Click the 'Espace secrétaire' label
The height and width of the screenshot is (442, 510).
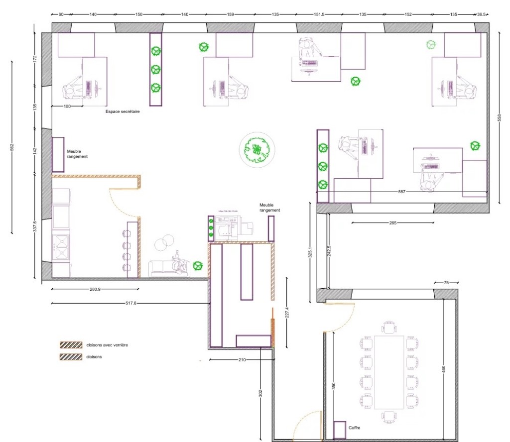pos(123,111)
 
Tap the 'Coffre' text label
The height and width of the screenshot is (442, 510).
pos(354,428)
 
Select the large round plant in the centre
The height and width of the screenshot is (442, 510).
pos(257,150)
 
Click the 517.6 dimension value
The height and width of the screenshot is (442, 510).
pos(131,303)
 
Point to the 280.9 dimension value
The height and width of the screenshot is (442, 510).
pos(95,289)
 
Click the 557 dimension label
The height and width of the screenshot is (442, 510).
pos(402,192)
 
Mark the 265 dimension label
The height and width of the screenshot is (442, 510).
pos(392,223)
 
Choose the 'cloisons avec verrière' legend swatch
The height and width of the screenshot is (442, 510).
pos(71,345)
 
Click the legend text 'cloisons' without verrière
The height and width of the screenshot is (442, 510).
pos(94,357)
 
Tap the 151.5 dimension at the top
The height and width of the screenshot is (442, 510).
pos(319,14)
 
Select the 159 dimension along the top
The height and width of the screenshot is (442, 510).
pos(230,14)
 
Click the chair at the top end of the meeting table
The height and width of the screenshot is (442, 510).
pos(389,327)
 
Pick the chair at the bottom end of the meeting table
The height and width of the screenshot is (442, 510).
pos(389,417)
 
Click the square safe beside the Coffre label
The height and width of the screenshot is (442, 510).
pos(340,430)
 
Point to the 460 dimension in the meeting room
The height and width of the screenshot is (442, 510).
pos(443,369)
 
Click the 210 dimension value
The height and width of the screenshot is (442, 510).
pos(242,360)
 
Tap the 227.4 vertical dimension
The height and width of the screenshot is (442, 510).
pos(287,313)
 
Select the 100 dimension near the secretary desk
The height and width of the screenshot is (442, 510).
pos(67,107)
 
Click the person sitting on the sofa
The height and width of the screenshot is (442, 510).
pos(178,261)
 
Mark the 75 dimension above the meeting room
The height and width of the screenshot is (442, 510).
pos(446,283)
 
